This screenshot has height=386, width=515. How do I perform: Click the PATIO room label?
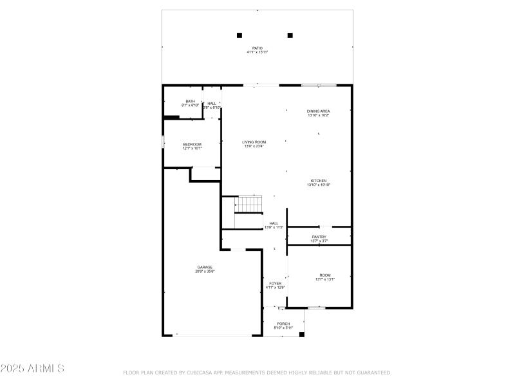coord(257,48)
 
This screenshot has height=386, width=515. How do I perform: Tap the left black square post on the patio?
coord(239,35)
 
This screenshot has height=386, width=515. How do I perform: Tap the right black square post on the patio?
coord(290,35)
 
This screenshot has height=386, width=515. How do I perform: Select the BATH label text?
coord(190,101)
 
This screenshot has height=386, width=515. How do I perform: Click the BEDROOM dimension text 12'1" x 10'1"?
coord(192,149)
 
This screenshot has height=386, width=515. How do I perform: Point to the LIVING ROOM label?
coord(254,142)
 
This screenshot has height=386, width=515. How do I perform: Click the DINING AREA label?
coord(318,111)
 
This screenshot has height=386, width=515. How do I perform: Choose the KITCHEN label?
coord(319,181)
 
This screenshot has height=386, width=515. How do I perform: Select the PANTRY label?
coord(319,237)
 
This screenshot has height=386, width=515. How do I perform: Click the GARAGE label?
coord(205,267)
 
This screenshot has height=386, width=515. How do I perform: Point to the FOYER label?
coord(275,283)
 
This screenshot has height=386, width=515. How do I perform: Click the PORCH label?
coord(283,324)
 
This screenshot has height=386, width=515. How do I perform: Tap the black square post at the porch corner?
coord(301,334)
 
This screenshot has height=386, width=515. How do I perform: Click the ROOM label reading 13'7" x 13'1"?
coord(325,275)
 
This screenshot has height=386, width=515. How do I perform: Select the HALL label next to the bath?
coord(212,103)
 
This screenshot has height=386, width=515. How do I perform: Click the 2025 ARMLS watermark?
coord(32,369)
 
